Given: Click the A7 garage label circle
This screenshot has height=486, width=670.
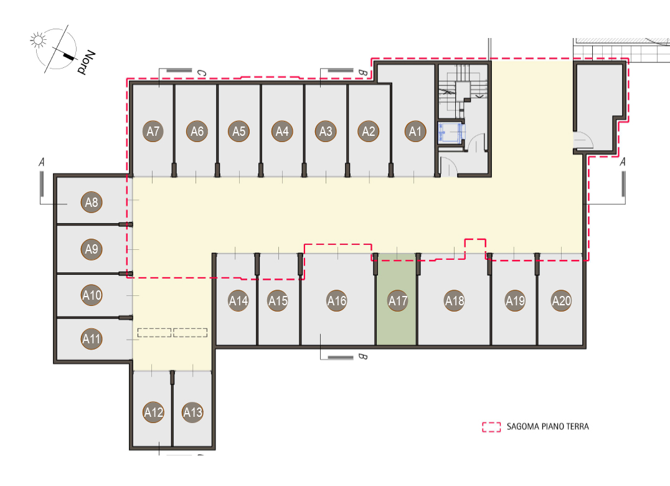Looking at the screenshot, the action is coord(153,131).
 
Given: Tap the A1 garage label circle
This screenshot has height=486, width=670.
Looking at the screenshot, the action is coord(415,131).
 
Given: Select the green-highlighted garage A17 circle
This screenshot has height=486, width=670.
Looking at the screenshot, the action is coord(398,301).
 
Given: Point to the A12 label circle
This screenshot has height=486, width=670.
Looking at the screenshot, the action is coord(153,412).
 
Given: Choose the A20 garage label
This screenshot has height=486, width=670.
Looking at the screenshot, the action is coord(562,301).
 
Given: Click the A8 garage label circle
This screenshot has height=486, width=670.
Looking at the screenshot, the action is coord(92,202).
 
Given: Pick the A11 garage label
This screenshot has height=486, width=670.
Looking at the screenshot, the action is coord(92,339).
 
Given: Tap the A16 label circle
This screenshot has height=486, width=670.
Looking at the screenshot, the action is coord(337,301).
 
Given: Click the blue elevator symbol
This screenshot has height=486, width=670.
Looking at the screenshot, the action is coord(450,132).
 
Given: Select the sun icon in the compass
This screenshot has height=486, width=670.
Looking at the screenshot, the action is coord(38,40).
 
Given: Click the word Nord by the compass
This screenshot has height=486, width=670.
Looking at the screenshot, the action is coord(86,62).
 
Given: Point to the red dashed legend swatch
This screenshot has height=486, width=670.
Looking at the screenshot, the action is coord(491,427).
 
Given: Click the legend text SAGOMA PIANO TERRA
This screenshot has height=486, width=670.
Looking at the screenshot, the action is coord(548,427).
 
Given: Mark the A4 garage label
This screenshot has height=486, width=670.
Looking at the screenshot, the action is coord(283,131).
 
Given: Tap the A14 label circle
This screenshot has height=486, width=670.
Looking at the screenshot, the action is coord(238,301).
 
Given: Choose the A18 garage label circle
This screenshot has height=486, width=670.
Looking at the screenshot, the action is coord(455,301).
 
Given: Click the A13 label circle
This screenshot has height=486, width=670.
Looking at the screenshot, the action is coord(192,412).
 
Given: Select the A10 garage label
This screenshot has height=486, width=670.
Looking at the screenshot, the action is coord(92,295).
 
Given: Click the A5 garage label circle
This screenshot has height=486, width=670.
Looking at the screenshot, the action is coord(239,131).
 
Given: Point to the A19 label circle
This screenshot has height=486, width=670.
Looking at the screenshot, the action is coord(516,301).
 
